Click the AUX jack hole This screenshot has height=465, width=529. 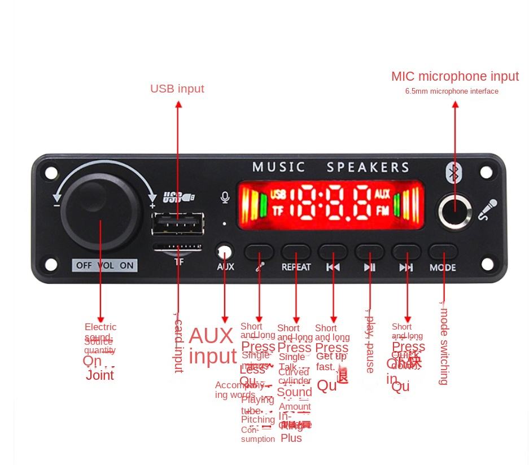pos(225,251)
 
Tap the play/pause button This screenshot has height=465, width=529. pos(370,252)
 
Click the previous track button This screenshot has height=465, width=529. pos(333,252)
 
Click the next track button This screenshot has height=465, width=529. pos(406,252)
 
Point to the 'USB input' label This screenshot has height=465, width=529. pos(177,89)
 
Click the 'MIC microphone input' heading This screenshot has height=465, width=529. pos(454,76)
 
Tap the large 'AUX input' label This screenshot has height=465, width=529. pos(212,345)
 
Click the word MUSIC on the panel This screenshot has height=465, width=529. pos(278,167)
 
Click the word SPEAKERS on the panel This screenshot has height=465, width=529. pos(368,167)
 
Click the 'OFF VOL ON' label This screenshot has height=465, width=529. pos(105,265)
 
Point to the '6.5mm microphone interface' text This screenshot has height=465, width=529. pos(452,91)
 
